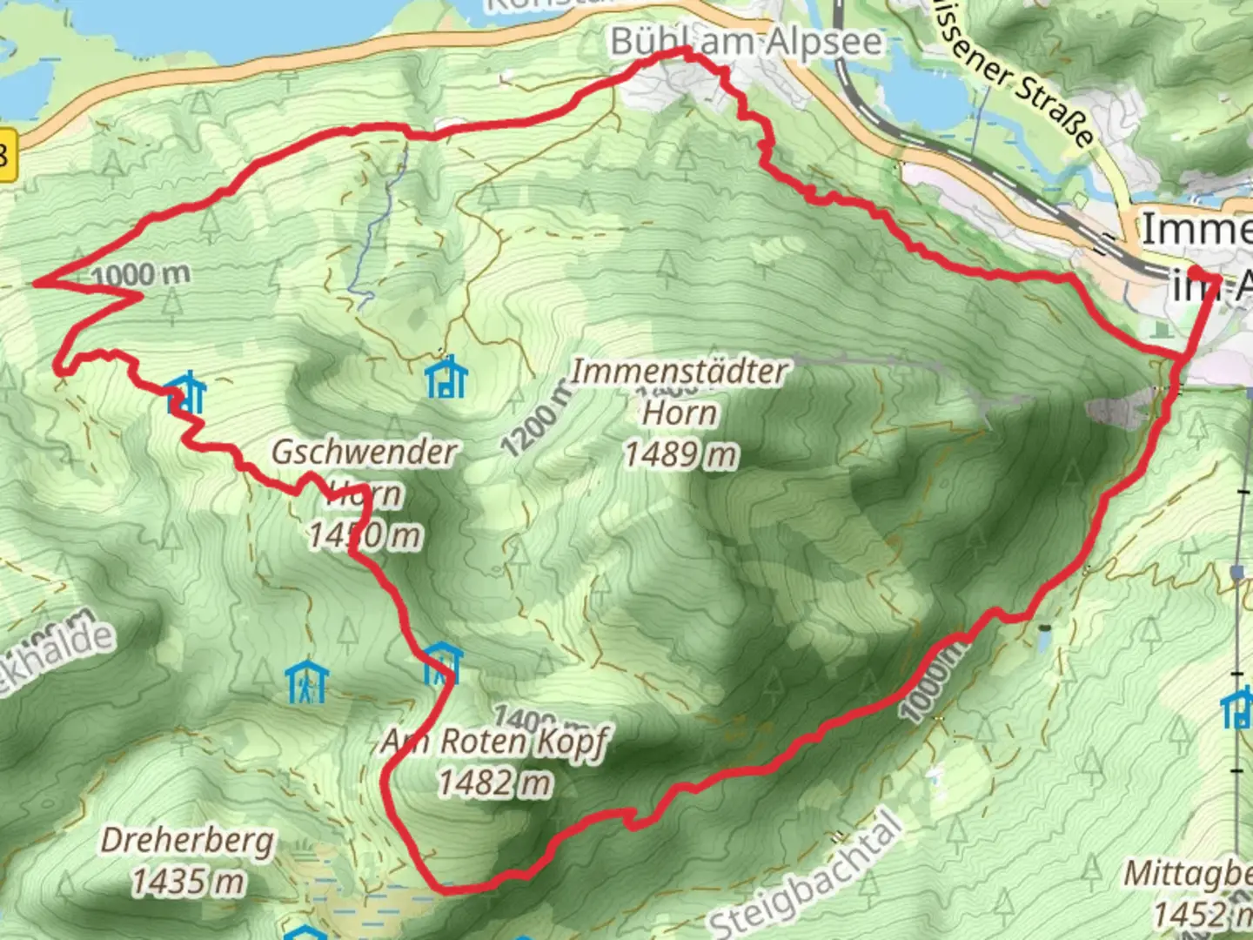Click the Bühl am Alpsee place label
[x=746, y=42]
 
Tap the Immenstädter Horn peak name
[x=679, y=392]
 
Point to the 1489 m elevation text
[x=680, y=453]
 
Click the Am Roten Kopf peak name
[x=494, y=742]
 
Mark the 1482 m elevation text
[x=494, y=783]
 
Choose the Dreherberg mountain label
[x=187, y=841]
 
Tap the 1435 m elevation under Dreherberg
[x=187, y=882]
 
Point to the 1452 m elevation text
[x=1205, y=914]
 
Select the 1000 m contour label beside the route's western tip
[x=139, y=275]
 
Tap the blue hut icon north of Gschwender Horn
[x=446, y=376]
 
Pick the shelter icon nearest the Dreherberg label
[x=306, y=681]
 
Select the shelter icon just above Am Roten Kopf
[x=442, y=664]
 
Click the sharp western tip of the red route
[x=35, y=283]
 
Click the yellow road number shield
[x=8, y=157]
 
